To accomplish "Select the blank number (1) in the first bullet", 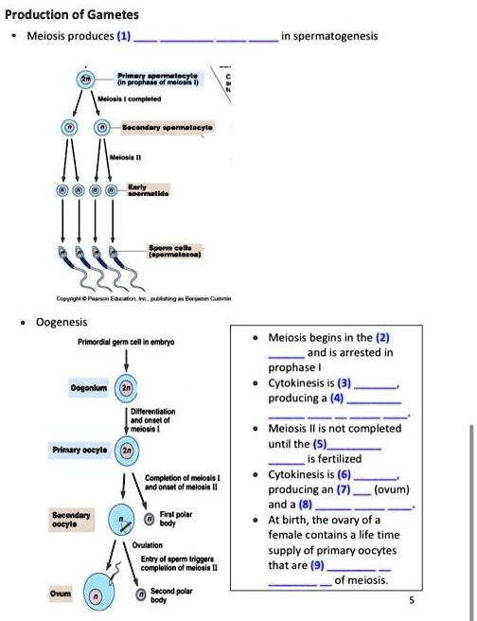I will tap(124, 36).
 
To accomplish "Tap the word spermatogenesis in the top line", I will tap(337, 36).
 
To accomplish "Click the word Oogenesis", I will tap(62, 321).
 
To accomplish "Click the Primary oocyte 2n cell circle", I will tap(124, 452).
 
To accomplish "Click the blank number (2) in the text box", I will tap(382, 336).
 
